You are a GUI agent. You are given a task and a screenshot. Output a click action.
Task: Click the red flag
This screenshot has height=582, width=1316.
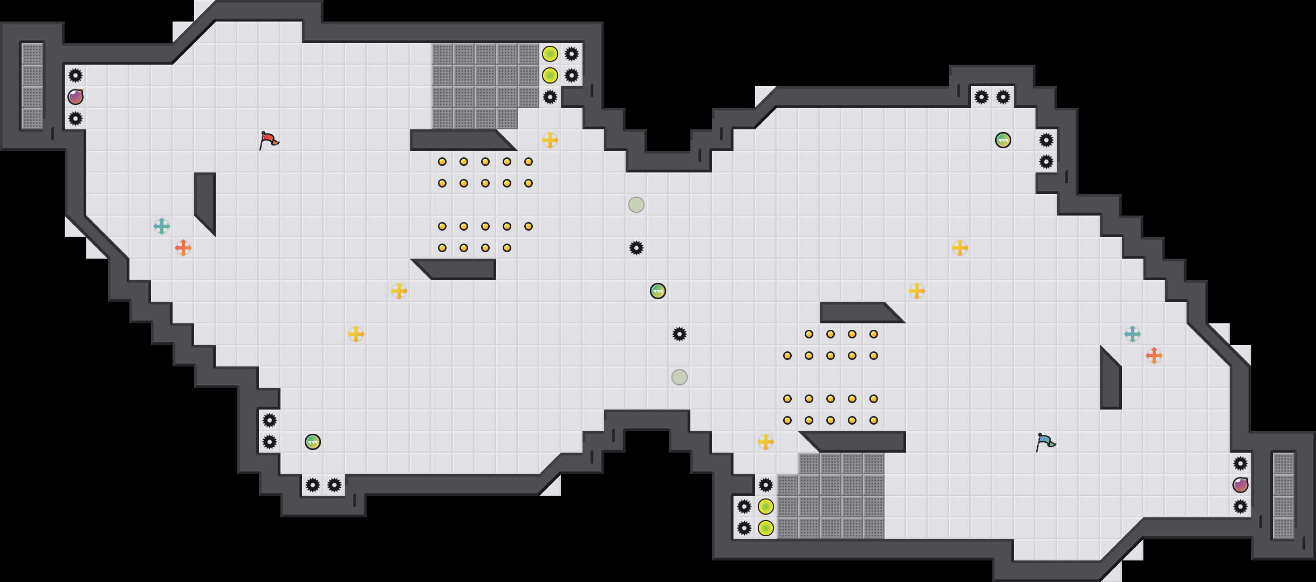pos(269,140)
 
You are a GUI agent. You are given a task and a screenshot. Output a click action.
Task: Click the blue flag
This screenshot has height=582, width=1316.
pos(1045,442)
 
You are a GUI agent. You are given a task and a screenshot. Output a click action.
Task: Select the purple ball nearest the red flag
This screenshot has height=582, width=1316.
pos(76,97)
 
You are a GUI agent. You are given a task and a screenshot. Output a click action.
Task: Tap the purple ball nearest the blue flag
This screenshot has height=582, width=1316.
pos(1240,485)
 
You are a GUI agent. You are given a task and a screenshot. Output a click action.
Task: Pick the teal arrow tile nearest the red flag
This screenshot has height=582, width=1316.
pos(162,226)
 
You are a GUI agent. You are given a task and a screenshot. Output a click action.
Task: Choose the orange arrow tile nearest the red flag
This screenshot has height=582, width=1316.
pos(183,248)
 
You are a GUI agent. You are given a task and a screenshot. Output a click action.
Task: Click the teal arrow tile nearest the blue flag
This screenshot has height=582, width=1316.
pos(1133,334)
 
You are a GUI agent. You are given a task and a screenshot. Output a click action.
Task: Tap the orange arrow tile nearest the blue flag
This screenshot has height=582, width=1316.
pos(1154,356)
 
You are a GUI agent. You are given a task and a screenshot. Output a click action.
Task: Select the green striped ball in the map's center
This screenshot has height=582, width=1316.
pos(658,291)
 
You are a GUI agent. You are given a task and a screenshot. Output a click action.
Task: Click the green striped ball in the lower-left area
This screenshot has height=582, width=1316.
pos(313,442)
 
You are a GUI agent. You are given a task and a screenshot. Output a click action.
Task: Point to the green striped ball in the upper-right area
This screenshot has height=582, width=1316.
pos(1003,140)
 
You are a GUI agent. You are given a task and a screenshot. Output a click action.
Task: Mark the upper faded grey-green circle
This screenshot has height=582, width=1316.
pos(636,205)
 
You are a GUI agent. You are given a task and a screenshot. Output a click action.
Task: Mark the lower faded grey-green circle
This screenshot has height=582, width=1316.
pos(680,377)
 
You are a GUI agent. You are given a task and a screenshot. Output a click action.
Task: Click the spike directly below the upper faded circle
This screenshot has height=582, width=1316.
pos(636,248)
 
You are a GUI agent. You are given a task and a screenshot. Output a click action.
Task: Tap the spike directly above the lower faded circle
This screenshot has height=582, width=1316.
pos(680,334)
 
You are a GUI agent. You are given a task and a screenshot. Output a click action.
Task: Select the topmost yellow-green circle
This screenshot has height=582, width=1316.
pos(550,54)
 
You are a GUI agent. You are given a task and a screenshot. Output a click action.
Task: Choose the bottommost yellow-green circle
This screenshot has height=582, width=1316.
pos(766,528)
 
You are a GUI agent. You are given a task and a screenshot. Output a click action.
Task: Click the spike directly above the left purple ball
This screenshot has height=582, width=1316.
pos(76,75)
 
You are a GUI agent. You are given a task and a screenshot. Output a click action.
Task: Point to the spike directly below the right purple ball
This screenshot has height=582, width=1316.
pos(1240,507)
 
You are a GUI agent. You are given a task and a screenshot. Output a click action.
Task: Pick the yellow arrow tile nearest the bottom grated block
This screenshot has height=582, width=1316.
pos(766,442)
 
